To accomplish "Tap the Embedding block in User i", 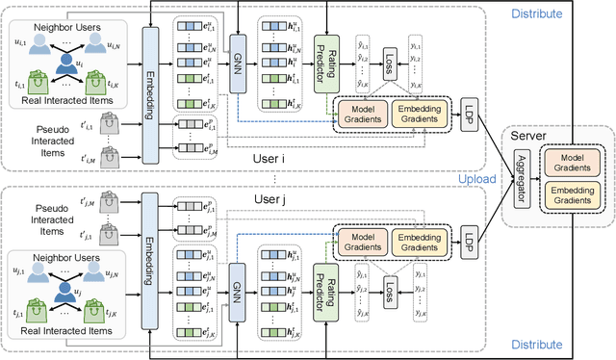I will coord(149,94).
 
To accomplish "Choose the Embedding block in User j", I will coord(149,262).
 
